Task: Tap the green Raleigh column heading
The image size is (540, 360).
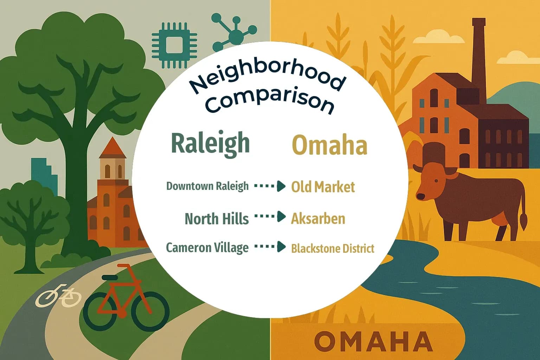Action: coord(210,143)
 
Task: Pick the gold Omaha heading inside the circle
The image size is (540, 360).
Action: coord(330,145)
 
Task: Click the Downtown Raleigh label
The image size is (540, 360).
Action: coord(207,186)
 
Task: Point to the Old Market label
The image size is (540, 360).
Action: coord(323,187)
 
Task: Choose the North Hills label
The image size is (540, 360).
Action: coord(217,219)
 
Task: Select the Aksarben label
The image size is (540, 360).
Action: coord(318,219)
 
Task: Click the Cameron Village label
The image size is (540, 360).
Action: coord(207,247)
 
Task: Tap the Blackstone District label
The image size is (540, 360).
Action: coord(333,249)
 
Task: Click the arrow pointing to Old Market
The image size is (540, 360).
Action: coord(270,186)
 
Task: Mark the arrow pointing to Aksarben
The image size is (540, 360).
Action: coord(270,217)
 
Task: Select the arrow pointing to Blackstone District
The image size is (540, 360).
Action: coord(270,247)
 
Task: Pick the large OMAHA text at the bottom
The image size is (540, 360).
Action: coord(373,341)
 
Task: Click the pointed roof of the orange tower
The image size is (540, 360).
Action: coord(112,148)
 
